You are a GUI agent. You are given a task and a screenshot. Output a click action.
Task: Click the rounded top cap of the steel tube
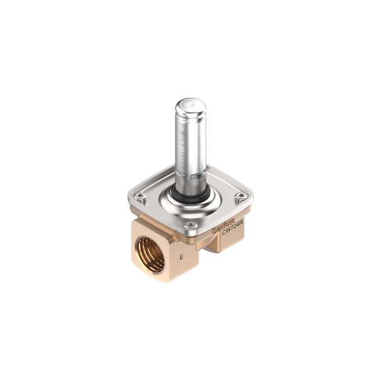coord(190,108)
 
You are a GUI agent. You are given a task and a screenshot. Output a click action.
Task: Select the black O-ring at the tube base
coord(191,196)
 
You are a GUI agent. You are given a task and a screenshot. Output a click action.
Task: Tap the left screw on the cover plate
coord(140,197)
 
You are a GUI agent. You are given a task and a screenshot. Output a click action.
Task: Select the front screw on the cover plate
coord(191,224)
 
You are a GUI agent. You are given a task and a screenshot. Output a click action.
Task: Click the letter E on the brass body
coord(182,257)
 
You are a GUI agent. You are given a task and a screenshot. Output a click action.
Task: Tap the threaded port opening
coord(150,254)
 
